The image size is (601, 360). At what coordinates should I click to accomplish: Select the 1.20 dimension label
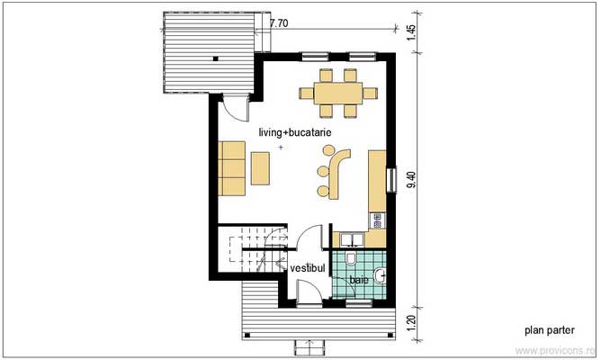(411, 322)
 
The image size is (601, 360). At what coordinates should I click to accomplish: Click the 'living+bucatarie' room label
(296, 132)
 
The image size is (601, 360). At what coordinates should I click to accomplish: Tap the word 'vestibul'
(307, 268)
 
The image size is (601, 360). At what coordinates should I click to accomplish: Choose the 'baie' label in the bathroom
(358, 281)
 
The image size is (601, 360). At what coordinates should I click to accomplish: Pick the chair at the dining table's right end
(371, 92)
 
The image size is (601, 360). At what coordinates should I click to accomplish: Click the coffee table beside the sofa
(261, 166)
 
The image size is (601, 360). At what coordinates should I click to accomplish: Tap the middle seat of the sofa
(230, 167)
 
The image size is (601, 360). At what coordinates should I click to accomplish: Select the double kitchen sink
(351, 238)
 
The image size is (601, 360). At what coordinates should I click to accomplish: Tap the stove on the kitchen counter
(377, 219)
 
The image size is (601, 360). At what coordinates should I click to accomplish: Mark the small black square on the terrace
(217, 58)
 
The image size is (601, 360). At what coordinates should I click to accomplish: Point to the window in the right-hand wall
(390, 180)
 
